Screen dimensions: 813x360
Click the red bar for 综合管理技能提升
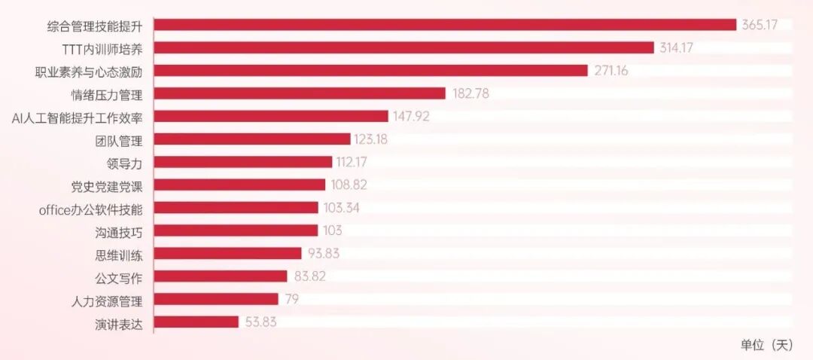[446, 25]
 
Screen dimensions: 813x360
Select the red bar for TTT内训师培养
[404, 47]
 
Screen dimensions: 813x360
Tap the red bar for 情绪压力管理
[300, 93]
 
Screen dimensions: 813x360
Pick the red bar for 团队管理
[252, 139]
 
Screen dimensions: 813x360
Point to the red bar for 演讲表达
[196, 322]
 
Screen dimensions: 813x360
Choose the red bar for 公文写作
[221, 276]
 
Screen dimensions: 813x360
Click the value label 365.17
[760, 25]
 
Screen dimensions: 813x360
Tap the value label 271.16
[611, 71]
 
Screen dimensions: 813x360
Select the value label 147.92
[411, 116]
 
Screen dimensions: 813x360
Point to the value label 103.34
[341, 208]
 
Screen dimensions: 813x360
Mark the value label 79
[291, 299]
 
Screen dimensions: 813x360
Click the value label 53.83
[260, 322]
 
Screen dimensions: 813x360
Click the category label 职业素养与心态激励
[85, 71]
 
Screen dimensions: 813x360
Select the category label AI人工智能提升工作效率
[78, 117]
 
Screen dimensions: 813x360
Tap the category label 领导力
[124, 163]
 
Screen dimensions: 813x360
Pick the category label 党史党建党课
[107, 185]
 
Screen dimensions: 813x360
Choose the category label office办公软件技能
[91, 208]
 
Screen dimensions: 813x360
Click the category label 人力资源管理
[107, 299]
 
